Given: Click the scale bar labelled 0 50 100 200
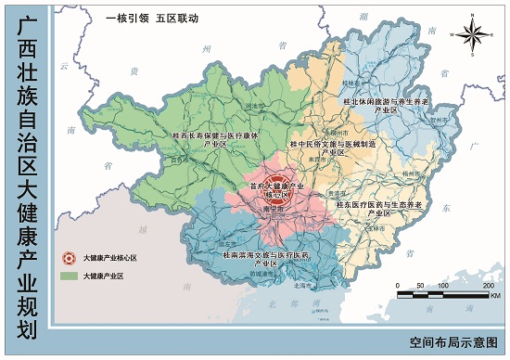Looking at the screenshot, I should coord(444,294).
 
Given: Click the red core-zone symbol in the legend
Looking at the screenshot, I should coord(67,258).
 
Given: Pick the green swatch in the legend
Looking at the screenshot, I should coord(67,276).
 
